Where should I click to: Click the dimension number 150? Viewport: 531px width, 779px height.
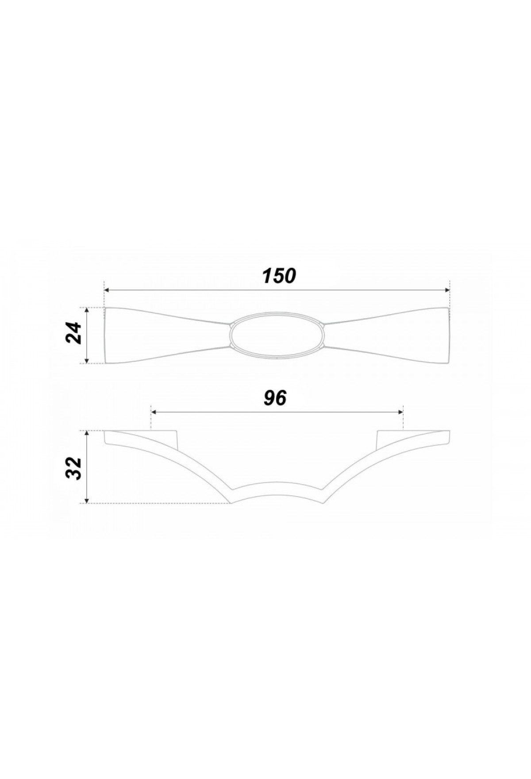point(278,276)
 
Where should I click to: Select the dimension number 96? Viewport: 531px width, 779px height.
point(275,398)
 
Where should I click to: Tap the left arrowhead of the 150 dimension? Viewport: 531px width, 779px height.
point(107,290)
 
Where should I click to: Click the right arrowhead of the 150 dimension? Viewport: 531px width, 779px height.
point(446,290)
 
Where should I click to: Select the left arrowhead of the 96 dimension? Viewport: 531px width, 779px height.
point(154,412)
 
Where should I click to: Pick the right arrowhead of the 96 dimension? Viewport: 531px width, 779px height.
point(400,412)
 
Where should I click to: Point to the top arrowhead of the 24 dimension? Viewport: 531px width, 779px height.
point(87,310)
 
